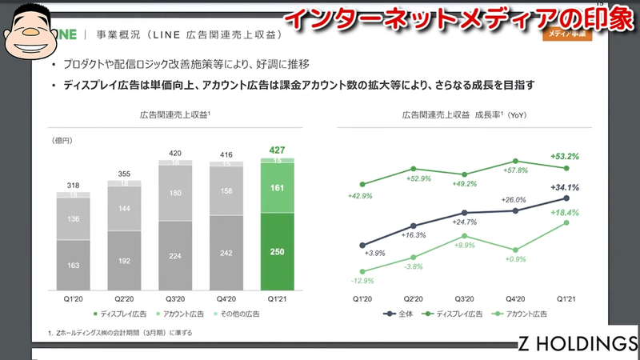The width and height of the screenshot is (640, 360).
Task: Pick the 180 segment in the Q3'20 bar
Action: click(176, 192)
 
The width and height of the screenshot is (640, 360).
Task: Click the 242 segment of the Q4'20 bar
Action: click(226, 253)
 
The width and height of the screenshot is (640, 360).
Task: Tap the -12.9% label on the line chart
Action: click(363, 281)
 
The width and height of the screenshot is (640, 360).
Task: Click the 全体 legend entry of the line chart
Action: click(401, 314)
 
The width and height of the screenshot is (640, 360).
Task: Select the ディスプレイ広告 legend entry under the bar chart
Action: click(121, 314)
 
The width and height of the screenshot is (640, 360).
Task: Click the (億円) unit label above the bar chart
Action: click(63, 141)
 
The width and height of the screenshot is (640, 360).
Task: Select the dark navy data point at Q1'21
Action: click(566, 198)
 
